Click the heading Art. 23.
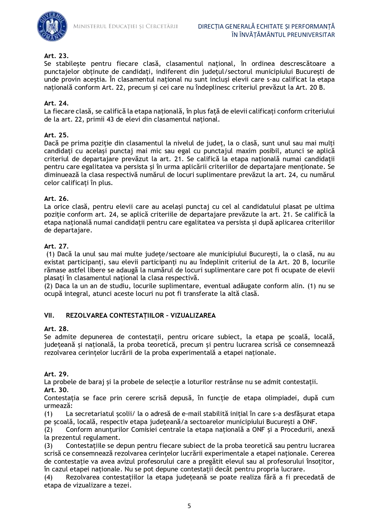point(56,56)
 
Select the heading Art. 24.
point(56,103)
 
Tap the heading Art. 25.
point(56,135)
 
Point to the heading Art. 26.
point(56,198)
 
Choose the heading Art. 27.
point(56,246)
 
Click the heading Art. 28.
point(56,329)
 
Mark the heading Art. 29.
point(56,374)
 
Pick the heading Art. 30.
point(56,390)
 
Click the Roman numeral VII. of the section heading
point(49,315)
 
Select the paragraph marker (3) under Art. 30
point(48,446)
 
